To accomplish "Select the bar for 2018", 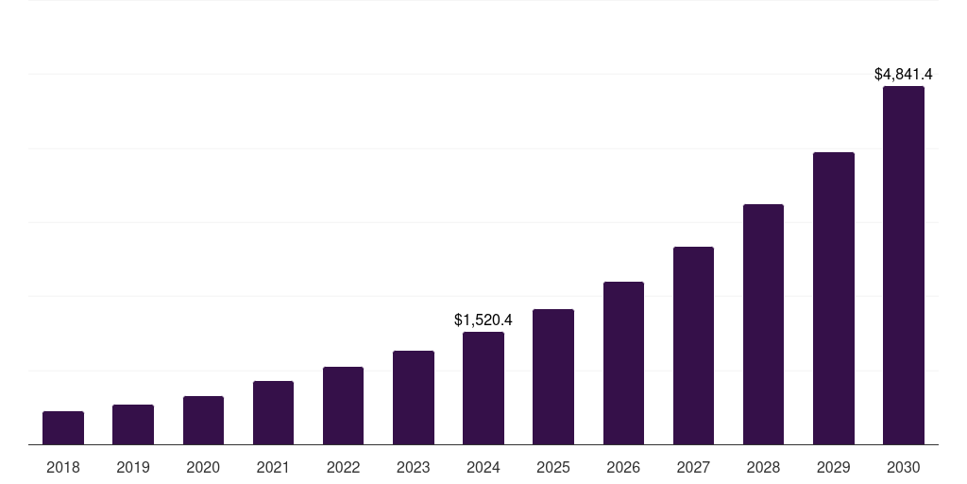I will click(x=63, y=427).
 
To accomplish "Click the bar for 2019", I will click(x=133, y=424).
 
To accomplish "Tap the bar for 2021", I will click(x=273, y=412).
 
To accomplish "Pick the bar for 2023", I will click(x=414, y=397).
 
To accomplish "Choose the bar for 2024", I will click(x=483, y=388).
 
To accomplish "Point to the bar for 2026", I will click(x=623, y=363).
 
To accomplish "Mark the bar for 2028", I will click(x=763, y=324).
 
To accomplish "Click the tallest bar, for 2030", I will click(x=904, y=265).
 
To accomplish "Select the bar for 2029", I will click(x=834, y=298).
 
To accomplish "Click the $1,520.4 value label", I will click(x=483, y=320).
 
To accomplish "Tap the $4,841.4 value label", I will click(x=904, y=74).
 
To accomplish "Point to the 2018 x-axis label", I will click(x=63, y=467).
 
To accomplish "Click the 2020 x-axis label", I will click(x=203, y=467).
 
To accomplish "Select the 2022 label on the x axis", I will click(x=343, y=467).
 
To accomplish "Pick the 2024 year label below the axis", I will click(x=483, y=467).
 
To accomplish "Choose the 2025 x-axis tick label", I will click(x=553, y=467).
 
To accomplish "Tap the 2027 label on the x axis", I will click(x=693, y=467).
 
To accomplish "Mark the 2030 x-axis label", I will click(x=904, y=467).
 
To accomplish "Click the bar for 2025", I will click(x=553, y=376).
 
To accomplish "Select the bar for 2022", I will click(x=343, y=406).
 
